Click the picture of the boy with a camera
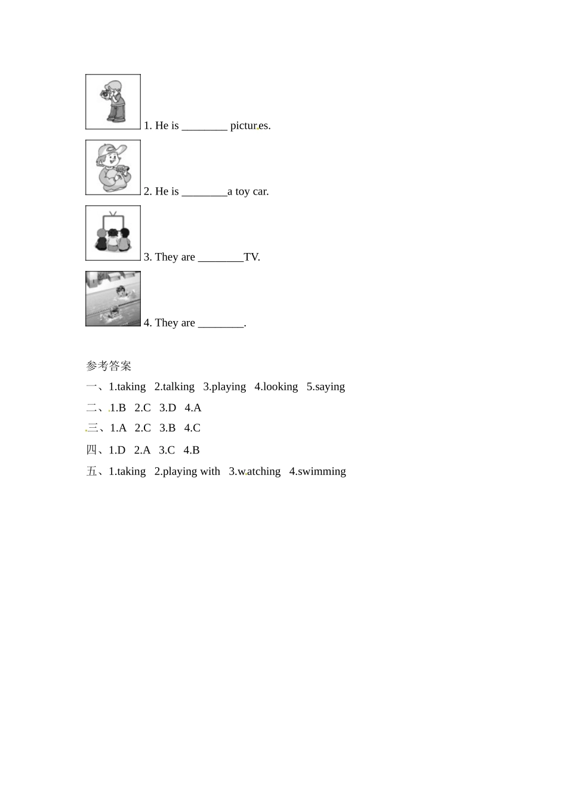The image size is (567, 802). pyautogui.click(x=113, y=101)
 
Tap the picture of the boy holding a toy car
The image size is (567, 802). pyautogui.click(x=113, y=167)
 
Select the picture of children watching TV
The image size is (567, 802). pyautogui.click(x=113, y=233)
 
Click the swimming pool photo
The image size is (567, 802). pyautogui.click(x=113, y=298)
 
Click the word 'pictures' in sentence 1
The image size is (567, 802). pyautogui.click(x=250, y=126)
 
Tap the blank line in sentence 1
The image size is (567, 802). pyautogui.click(x=204, y=127)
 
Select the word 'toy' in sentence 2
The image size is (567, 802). pyautogui.click(x=242, y=192)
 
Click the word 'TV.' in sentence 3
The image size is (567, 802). pyautogui.click(x=252, y=257)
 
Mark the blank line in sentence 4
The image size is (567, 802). pyautogui.click(x=220, y=324)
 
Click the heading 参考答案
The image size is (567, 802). pyautogui.click(x=109, y=366)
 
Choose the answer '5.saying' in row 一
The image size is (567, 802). pyautogui.click(x=325, y=387)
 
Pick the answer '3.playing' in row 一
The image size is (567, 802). pyautogui.click(x=224, y=387)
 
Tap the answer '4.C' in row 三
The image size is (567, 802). pyautogui.click(x=192, y=428)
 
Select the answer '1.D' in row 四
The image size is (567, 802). pyautogui.click(x=117, y=450)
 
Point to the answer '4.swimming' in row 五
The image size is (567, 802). pyautogui.click(x=318, y=471)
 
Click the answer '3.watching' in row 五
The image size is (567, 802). pyautogui.click(x=255, y=471)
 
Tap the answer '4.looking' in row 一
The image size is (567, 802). pyautogui.click(x=276, y=387)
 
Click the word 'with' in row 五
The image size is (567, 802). pyautogui.click(x=209, y=471)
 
